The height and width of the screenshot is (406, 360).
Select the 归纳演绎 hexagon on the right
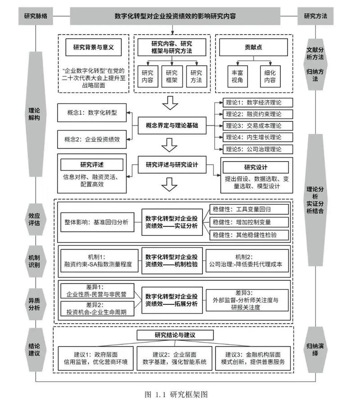(315, 349)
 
